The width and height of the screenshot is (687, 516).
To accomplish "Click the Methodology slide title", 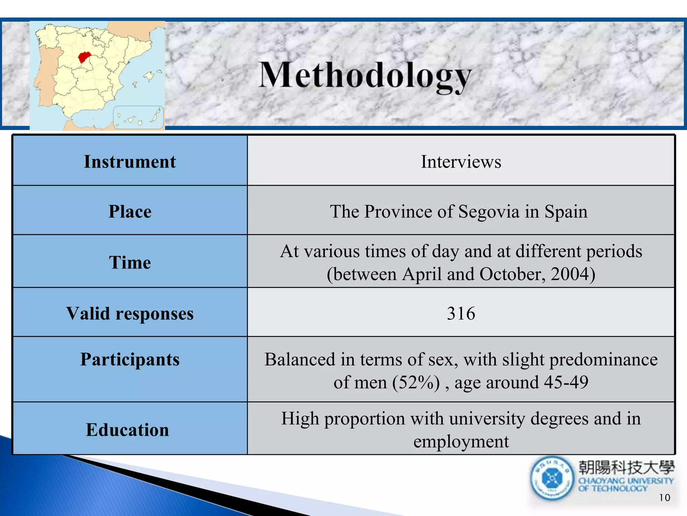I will (x=365, y=76).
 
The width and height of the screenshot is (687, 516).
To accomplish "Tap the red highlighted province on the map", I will (x=84, y=57).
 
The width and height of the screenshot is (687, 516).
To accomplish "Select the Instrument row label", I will (x=130, y=162).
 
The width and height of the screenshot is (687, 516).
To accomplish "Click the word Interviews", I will (x=461, y=162).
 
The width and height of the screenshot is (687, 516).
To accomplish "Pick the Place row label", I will (x=130, y=212).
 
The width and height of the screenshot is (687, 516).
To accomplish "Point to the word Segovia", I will (x=489, y=212).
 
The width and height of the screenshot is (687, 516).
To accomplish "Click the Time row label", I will (x=130, y=262).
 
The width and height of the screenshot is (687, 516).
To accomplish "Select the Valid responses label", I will (x=130, y=313).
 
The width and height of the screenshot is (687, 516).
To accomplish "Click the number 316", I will (x=461, y=313).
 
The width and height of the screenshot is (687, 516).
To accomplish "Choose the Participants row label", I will (x=130, y=359).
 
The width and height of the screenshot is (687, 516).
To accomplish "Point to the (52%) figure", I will (x=416, y=382).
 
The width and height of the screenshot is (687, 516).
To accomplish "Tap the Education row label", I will (x=127, y=430).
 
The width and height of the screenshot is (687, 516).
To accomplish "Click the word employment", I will (x=461, y=441).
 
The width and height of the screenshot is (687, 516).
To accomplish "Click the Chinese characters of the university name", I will (x=626, y=467).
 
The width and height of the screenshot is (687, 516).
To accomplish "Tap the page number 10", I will (x=664, y=498).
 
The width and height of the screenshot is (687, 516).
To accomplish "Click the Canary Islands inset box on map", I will (x=138, y=117).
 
